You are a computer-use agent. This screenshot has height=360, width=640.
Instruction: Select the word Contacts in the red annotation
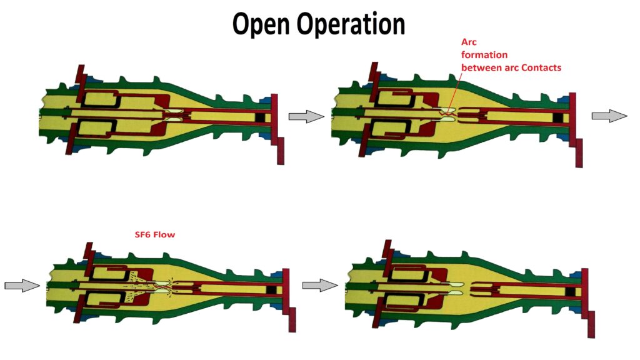[540, 67]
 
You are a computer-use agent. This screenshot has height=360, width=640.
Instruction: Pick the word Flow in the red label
[165, 235]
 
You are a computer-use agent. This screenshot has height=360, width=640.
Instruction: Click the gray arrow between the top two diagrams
[306, 116]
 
